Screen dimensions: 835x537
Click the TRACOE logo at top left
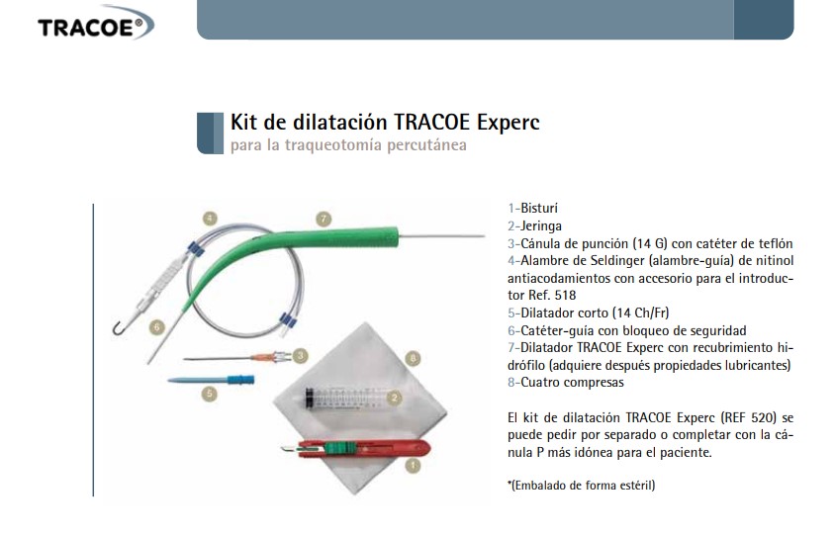tap(96, 24)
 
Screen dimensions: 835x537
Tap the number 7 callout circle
tap(324, 219)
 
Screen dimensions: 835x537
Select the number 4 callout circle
tap(210, 219)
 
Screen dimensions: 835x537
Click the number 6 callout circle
tap(156, 326)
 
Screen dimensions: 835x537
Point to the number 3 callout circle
tap(301, 355)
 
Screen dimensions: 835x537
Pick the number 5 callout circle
tap(210, 394)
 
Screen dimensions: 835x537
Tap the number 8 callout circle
tap(413, 359)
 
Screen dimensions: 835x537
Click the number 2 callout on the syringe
tap(394, 398)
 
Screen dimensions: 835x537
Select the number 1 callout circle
tap(413, 466)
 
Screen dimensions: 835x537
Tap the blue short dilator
tap(212, 380)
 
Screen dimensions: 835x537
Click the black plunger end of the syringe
tap(309, 399)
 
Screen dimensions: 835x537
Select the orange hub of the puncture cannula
tap(265, 357)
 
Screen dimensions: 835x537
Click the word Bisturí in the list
tap(539, 208)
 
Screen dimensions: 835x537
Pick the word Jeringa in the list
tap(541, 226)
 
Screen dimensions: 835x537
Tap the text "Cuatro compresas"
tap(572, 382)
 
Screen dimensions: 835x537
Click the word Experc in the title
tap(509, 123)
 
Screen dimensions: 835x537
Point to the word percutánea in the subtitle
tap(426, 145)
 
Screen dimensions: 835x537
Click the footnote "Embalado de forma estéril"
tap(583, 486)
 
